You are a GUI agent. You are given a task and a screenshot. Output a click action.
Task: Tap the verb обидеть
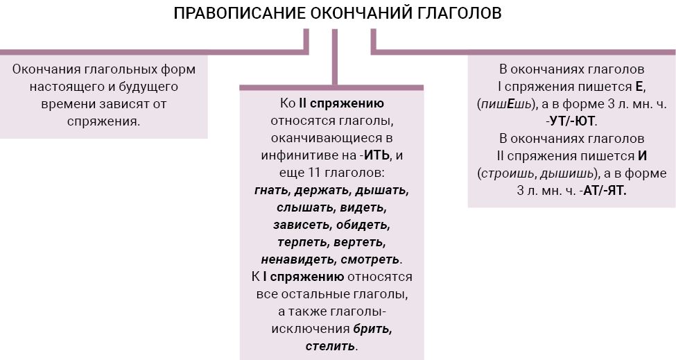363,225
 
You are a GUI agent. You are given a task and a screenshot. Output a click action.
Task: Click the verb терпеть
304,242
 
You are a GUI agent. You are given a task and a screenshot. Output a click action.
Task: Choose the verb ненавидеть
299,259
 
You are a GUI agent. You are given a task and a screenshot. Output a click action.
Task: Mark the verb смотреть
370,259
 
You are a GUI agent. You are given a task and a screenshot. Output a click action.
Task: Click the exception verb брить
372,329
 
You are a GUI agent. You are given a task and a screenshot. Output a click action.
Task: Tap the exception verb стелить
330,345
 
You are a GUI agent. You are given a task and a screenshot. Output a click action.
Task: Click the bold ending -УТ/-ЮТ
570,121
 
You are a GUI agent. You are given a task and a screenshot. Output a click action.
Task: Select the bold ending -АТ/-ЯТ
603,190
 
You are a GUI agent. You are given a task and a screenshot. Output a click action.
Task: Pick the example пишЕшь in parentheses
506,104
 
